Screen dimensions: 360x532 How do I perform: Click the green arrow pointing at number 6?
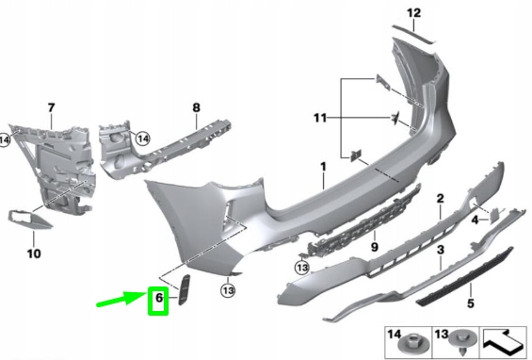tap(121, 301)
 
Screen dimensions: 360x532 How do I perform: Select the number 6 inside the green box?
tap(158, 302)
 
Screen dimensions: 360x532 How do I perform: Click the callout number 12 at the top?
tap(413, 12)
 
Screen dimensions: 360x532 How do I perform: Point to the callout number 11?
tap(321, 119)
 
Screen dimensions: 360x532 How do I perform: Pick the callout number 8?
tap(196, 107)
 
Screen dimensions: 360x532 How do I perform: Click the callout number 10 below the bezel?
tap(35, 254)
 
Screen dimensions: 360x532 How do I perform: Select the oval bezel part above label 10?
tap(34, 219)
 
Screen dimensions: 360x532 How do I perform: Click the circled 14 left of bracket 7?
tap(5, 141)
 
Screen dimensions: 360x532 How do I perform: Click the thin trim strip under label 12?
tap(418, 34)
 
